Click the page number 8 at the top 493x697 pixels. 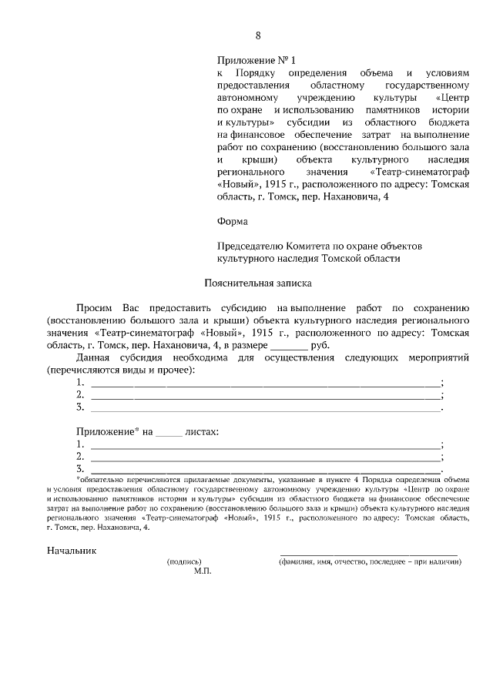tap(258, 35)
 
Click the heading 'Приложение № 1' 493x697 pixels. tap(256, 59)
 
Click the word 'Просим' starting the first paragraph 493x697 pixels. tap(94, 307)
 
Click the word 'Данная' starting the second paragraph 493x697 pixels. tap(93, 357)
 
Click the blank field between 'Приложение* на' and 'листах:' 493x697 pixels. tap(169, 432)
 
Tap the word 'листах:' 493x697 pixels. tap(202, 432)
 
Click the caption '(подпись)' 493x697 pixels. tap(184, 561)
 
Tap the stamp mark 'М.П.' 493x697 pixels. tap(203, 572)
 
